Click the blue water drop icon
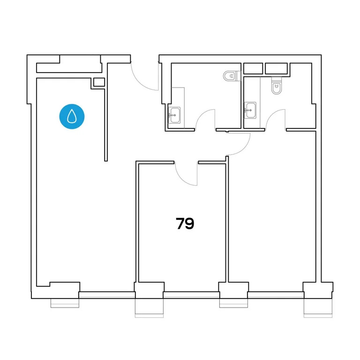click(71, 116)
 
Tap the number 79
click(185, 224)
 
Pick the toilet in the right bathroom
click(276, 86)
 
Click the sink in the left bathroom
click(175, 114)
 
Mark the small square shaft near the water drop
click(99, 82)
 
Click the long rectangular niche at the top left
click(68, 67)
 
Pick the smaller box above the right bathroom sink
click(253, 68)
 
